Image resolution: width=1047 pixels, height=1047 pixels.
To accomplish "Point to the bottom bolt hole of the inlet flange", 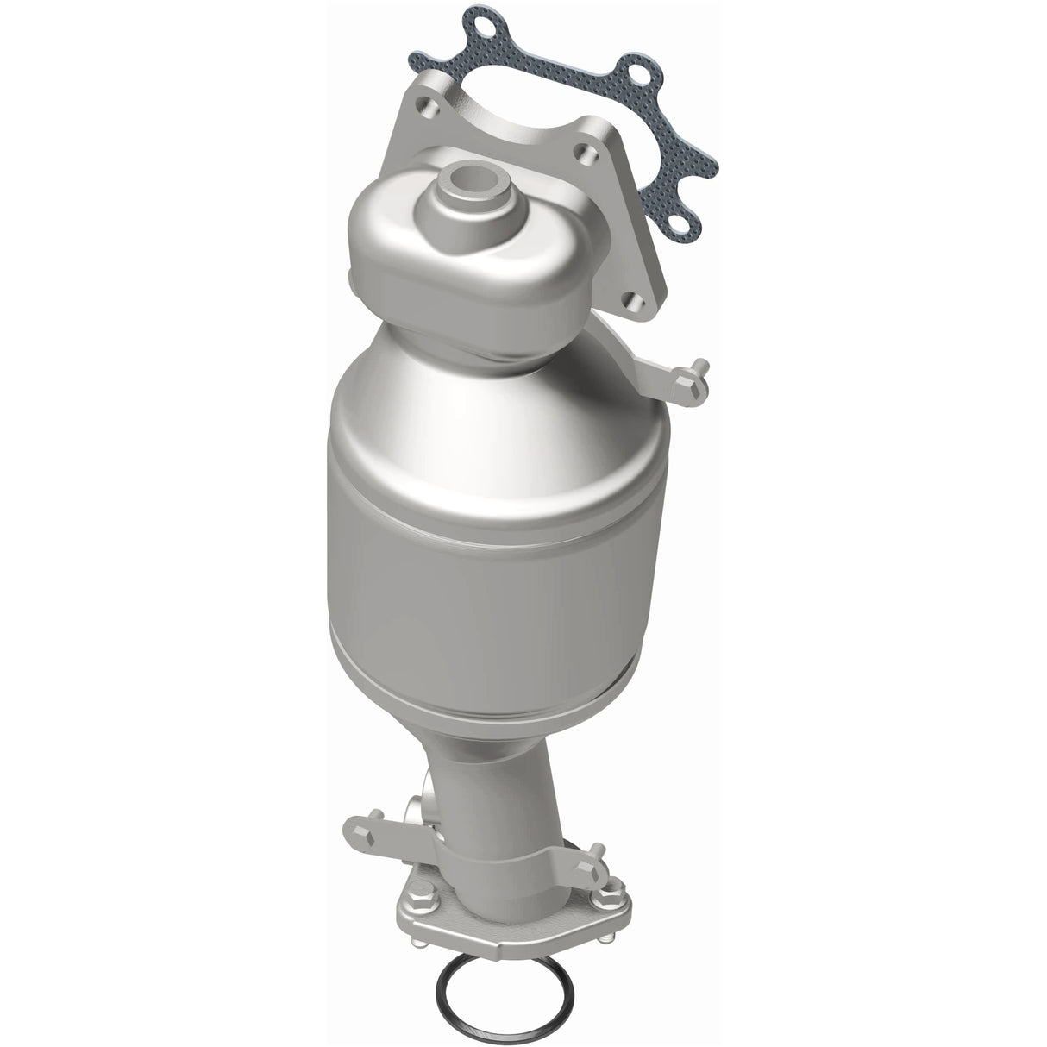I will point(636,301).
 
